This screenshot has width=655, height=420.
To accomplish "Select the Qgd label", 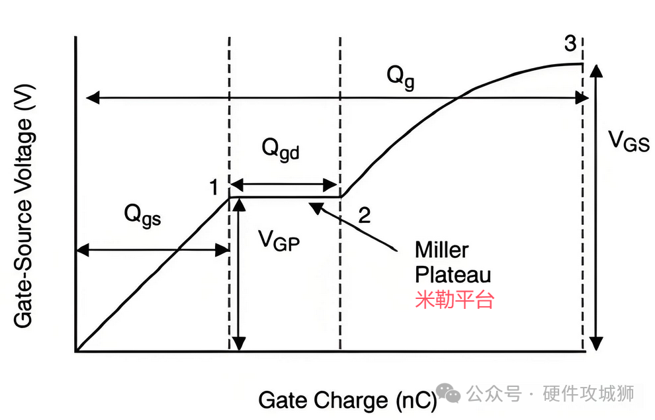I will (x=280, y=149).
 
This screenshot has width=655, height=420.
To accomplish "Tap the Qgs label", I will (x=142, y=216).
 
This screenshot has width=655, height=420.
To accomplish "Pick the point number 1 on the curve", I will (x=214, y=188).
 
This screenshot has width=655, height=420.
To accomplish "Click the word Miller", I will (x=441, y=250).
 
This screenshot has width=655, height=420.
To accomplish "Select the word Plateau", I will (x=453, y=274).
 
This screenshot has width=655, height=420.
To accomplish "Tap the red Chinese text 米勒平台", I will (x=455, y=300).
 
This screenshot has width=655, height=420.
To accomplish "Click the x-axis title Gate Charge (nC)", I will (x=347, y=400).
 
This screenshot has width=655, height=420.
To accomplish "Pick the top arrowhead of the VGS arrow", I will (x=596, y=70).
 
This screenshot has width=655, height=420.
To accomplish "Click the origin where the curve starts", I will (x=77, y=351).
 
